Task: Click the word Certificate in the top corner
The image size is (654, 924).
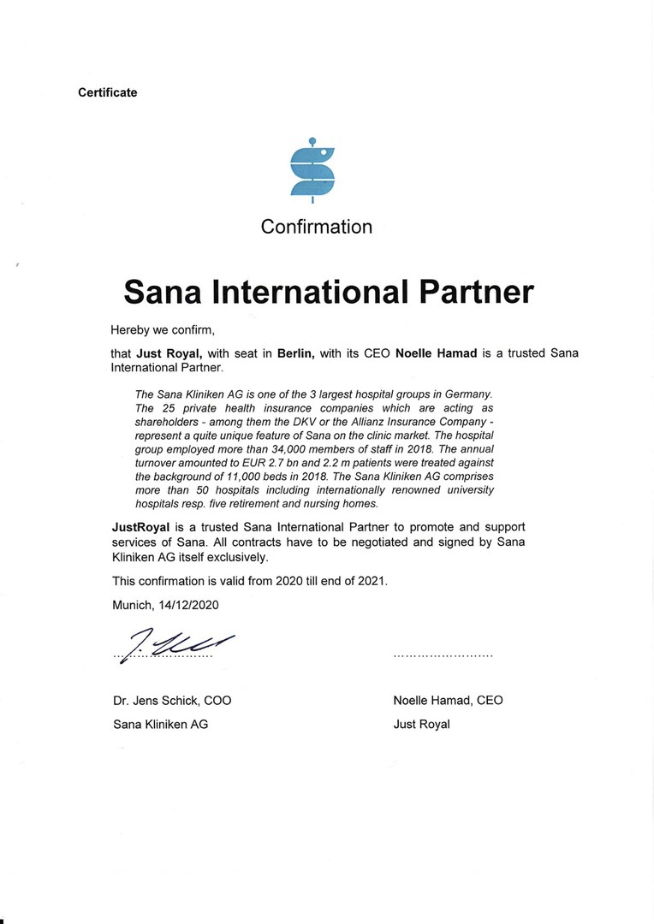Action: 107,92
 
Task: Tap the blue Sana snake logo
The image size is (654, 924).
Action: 312,171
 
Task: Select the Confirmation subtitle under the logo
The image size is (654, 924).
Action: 317,227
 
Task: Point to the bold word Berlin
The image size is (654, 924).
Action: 296,352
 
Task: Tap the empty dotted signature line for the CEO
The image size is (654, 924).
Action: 443,655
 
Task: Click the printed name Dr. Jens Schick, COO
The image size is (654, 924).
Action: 172,700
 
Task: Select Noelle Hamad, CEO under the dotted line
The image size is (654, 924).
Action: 448,700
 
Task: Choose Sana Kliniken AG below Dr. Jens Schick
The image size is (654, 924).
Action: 160,724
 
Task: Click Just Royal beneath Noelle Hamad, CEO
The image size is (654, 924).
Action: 421,724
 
